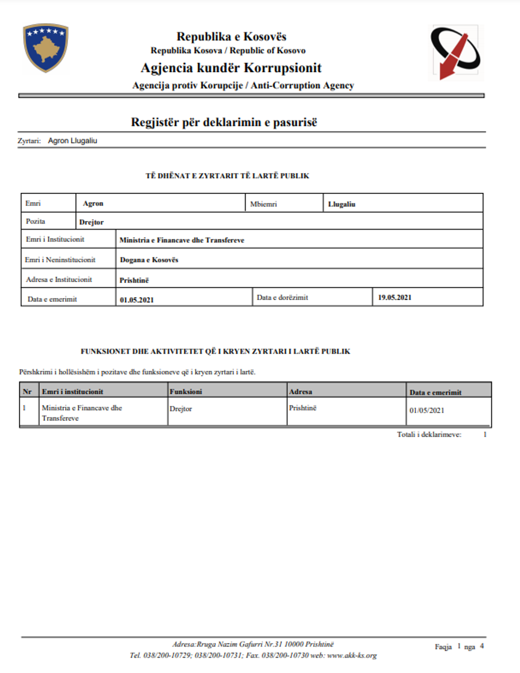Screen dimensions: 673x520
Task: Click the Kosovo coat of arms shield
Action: [46, 47]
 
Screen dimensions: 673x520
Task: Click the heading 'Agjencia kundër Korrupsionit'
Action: [231, 68]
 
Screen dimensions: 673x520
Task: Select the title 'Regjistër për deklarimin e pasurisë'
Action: [224, 122]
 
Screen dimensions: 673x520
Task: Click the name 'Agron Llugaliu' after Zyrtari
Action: [73, 141]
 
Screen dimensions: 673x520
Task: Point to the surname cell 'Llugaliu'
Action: [342, 204]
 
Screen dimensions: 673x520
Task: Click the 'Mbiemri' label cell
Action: [263, 204]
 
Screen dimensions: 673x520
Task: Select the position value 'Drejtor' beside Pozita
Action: [91, 222]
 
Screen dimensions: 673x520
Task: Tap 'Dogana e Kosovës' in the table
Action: [149, 260]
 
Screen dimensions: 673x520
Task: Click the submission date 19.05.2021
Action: [394, 297]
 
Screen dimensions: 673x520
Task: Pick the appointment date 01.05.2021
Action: [136, 300]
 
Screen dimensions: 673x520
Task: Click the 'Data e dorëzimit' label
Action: [282, 297]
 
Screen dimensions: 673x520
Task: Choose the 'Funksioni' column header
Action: [186, 391]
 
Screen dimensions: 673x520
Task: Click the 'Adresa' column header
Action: [300, 391]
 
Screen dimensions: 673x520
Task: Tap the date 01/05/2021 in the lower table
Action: [427, 410]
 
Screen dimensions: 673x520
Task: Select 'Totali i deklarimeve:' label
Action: [429, 435]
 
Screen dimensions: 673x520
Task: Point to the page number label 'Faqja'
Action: [443, 646]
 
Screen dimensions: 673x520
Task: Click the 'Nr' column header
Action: [27, 391]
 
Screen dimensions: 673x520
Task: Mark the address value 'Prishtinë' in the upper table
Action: [134, 280]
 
